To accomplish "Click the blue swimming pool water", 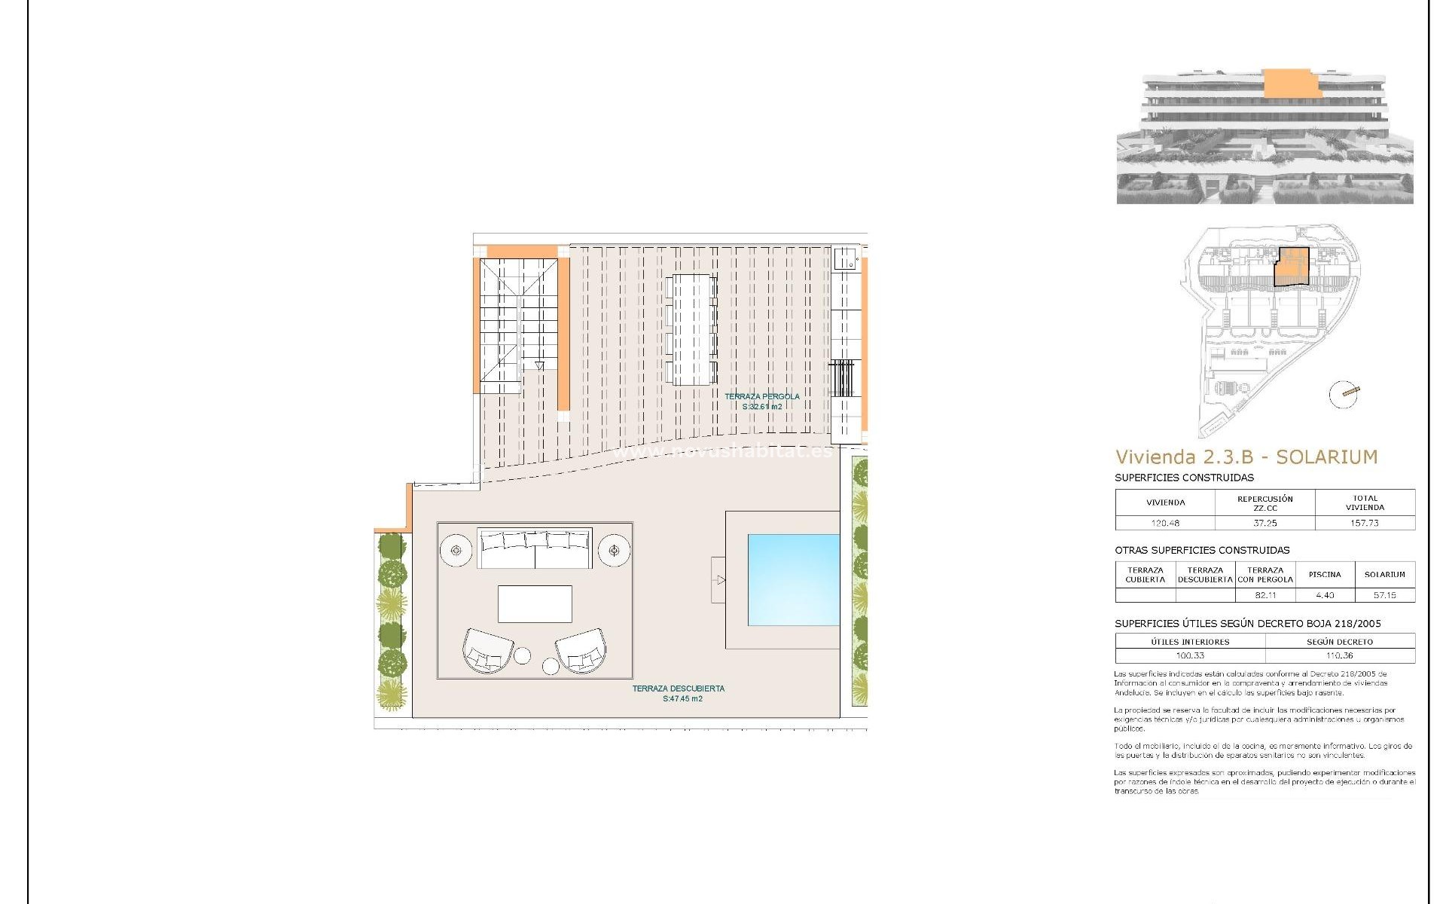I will (x=793, y=579).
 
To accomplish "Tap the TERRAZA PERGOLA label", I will (x=762, y=396).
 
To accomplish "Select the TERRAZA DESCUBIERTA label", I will (x=679, y=689).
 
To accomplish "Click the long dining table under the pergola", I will (x=691, y=329).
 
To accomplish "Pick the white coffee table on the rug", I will (x=535, y=604).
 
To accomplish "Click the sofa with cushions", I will (x=535, y=549).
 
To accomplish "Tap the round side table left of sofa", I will (x=456, y=551).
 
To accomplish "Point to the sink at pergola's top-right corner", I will (x=846, y=258).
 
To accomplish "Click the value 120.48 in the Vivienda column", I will (x=1164, y=523).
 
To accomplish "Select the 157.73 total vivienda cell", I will (x=1364, y=523).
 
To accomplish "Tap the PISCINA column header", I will (x=1324, y=575).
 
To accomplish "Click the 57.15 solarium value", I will (x=1384, y=595).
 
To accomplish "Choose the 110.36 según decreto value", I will (x=1339, y=655).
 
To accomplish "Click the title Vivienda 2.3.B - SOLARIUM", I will (x=1246, y=457).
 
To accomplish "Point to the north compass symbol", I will (x=1344, y=394).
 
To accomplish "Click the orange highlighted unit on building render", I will (x=1291, y=84).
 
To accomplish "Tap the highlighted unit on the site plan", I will (x=1292, y=267).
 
